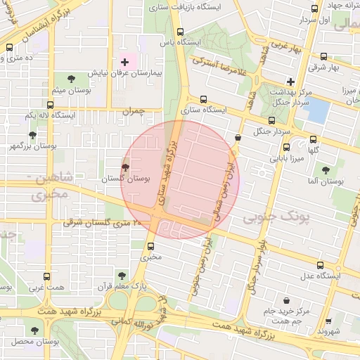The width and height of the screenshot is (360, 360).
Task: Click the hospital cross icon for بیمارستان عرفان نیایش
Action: coord(125,63)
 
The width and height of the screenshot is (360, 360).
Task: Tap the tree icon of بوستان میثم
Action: coord(70,79)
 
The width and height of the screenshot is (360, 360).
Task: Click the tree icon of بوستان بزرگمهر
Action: coord(32,134)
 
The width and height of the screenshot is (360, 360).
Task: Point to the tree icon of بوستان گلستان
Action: coord(126,167)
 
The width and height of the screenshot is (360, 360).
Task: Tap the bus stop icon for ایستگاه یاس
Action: coord(181,32)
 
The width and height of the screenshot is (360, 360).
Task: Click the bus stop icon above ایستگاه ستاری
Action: coord(204,99)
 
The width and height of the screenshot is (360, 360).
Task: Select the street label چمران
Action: coord(131,111)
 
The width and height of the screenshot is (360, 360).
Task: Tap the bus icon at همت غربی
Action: coord(47,276)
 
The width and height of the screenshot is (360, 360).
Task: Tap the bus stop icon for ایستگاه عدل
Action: coord(321,265)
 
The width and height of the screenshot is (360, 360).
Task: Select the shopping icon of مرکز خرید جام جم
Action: coord(286,300)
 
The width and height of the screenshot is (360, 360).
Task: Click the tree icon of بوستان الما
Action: coord(325,169)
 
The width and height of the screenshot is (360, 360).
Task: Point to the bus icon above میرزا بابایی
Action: coord(286,148)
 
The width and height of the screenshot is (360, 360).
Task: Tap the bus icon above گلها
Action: coord(313,139)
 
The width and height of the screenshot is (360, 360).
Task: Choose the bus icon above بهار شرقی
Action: coord(323,57)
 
